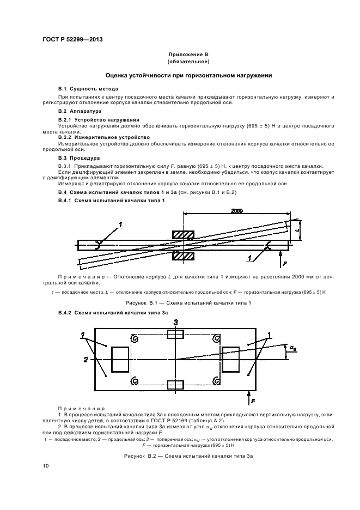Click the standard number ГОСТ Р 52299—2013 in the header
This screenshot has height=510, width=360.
click(72, 39)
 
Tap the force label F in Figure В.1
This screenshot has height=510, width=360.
click(285, 263)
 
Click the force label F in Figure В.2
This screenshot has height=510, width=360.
click(253, 400)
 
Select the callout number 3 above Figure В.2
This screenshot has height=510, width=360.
click(176, 323)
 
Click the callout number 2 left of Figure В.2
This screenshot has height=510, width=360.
click(86, 360)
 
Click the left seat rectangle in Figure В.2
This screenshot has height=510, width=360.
click(120, 359)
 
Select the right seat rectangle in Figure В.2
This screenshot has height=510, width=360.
click(231, 359)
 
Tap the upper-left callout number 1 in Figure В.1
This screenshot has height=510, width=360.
click(121, 223)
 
